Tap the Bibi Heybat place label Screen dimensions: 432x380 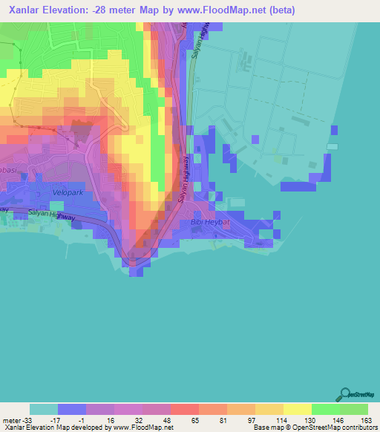click(207, 223)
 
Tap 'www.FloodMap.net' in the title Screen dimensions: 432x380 click(226, 11)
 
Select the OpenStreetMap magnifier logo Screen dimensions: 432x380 click(345, 396)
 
